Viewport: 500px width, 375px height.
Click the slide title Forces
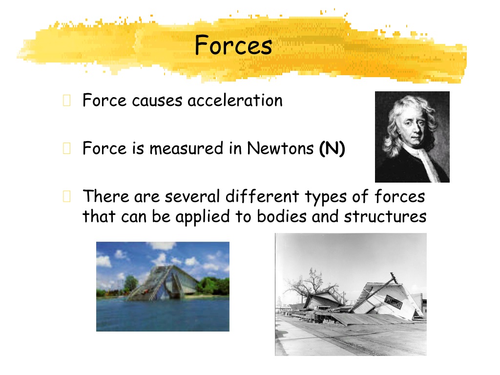(x=233, y=45)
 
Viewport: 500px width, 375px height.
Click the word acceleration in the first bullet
(x=235, y=101)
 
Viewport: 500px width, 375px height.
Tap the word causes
(x=157, y=101)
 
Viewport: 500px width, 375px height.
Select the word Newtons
(x=280, y=148)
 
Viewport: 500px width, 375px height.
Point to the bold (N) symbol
(x=332, y=148)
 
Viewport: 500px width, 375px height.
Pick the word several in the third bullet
(x=192, y=196)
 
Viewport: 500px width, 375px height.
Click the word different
(x=262, y=196)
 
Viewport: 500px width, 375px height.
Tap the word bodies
(x=282, y=216)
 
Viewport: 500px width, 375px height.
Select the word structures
(x=385, y=216)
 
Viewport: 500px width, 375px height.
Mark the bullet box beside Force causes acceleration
(x=66, y=100)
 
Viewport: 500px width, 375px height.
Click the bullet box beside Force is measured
(x=66, y=148)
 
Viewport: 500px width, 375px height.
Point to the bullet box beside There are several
(x=66, y=196)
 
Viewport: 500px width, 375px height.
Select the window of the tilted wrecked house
(x=394, y=301)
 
